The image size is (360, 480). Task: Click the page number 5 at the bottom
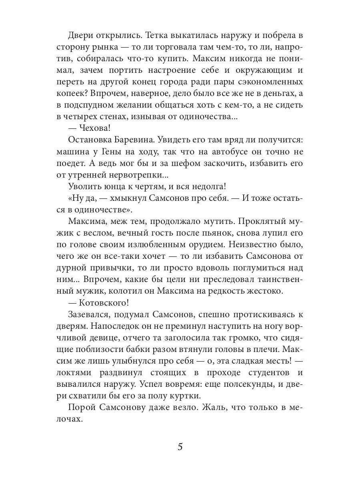[180, 446]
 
